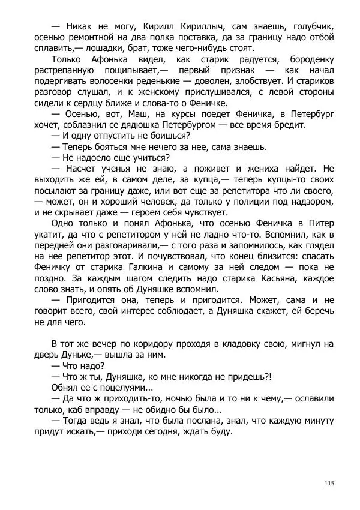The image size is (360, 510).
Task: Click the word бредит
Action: [290, 124]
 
